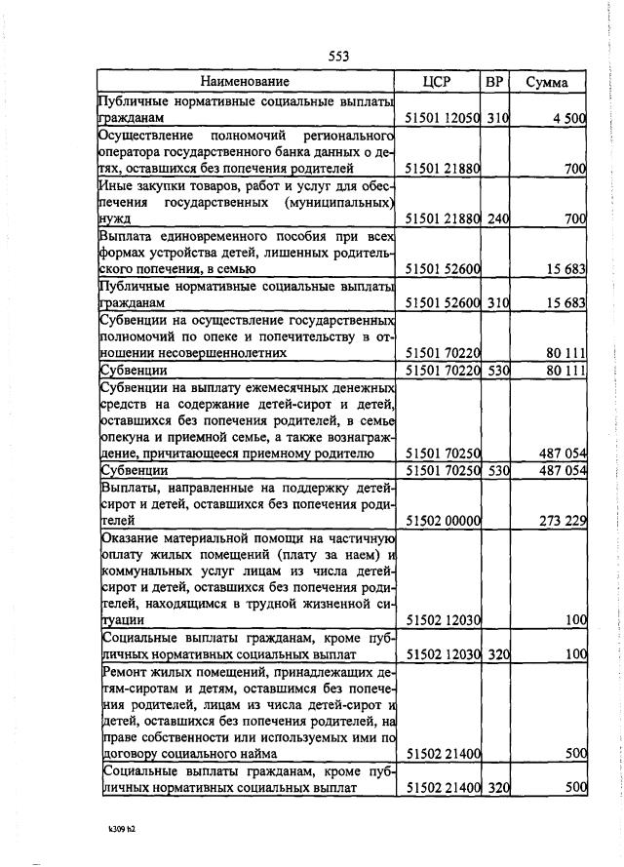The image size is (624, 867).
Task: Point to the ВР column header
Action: [494, 82]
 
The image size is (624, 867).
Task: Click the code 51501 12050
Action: [443, 118]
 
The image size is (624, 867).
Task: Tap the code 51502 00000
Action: [443, 521]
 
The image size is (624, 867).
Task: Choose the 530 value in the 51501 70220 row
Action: [498, 371]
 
